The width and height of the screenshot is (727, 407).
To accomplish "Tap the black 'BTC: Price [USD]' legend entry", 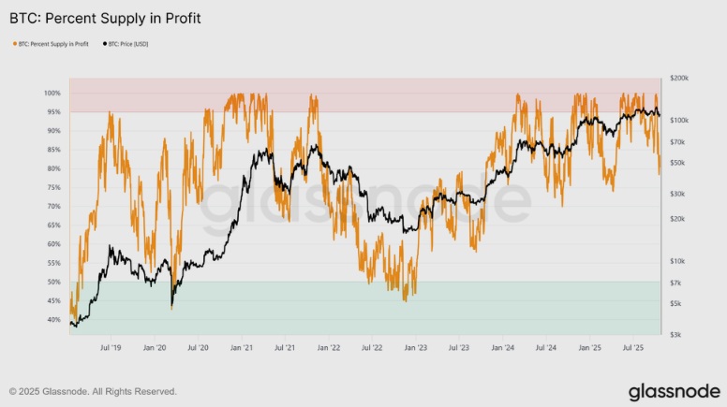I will click(126, 44).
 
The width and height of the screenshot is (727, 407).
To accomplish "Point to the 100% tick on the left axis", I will click(51, 94).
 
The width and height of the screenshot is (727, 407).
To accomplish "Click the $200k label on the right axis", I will click(678, 80).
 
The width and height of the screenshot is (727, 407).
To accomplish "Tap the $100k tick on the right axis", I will click(678, 121).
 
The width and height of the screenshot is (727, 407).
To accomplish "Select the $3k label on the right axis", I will click(675, 334).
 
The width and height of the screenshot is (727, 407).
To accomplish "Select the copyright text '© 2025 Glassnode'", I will click(93, 391).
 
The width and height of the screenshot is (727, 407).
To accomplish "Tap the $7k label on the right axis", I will click(675, 283).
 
